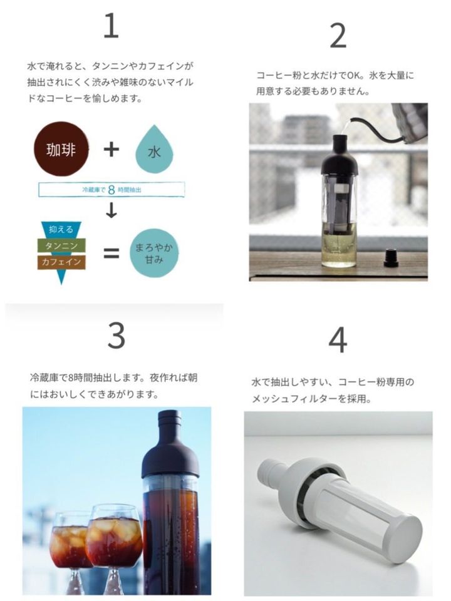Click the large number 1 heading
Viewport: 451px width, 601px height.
111,26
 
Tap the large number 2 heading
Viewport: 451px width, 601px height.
338,36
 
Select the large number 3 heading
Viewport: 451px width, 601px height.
117,336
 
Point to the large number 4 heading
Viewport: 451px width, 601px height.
338,340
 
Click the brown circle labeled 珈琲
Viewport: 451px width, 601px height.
61,149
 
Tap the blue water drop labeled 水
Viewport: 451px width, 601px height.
154,150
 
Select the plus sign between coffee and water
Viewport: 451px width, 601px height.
111,149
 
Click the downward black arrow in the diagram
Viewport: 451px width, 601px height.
111,210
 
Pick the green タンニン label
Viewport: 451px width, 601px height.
61,245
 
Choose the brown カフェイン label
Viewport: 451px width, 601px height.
61,262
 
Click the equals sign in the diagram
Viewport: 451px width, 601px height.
111,254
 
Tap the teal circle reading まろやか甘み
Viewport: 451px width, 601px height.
154,253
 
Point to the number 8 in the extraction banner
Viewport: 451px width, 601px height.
111,190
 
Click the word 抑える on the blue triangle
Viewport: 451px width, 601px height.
61,230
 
